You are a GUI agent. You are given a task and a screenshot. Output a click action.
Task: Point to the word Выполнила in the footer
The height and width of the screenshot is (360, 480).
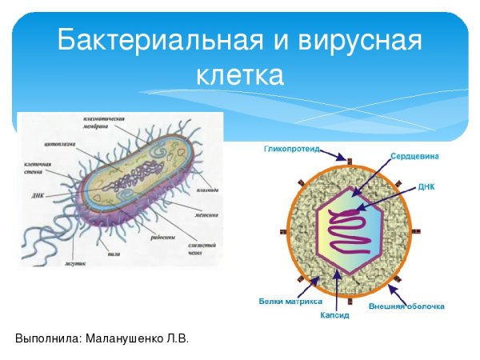(x=46, y=338)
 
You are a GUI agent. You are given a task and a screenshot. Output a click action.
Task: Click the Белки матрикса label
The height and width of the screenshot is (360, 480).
(x=290, y=302)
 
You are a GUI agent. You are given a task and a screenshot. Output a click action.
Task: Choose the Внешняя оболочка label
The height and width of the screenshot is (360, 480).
(x=407, y=306)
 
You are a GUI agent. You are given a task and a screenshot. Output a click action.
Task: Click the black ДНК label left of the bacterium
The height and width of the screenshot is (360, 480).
(x=38, y=194)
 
